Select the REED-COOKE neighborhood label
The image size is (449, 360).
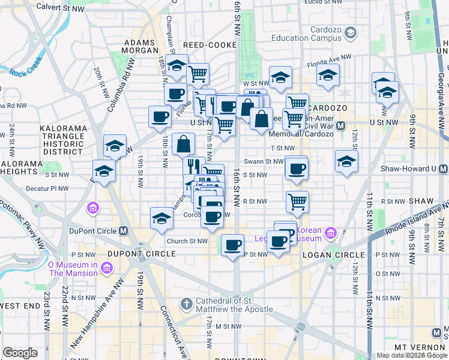206,45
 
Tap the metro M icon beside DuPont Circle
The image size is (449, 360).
124,231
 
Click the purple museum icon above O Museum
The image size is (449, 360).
94,209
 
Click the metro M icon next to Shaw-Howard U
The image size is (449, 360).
443,168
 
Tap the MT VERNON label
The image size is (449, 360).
417,348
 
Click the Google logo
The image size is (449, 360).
20,353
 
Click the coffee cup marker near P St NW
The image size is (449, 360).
232,244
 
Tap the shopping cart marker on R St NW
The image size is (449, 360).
297,202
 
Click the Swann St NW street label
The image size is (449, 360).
264,161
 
